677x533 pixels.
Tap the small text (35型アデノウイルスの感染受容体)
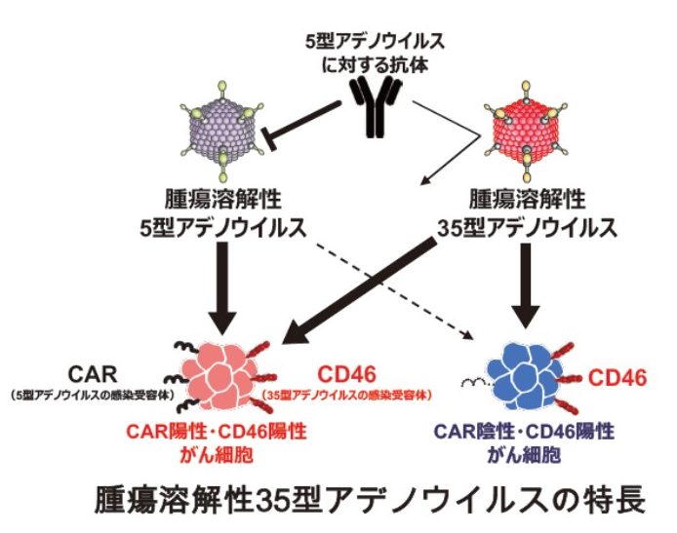(x=350, y=396)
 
